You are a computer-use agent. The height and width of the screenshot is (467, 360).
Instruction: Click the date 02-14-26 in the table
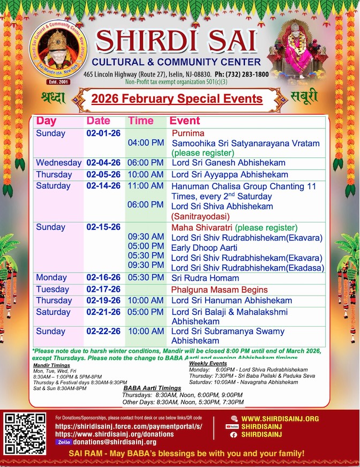coord(103,186)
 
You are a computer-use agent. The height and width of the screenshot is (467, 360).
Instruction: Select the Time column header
coord(140,121)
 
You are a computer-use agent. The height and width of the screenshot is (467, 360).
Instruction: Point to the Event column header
coord(184,121)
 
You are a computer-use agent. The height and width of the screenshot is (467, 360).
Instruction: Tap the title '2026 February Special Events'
coord(177,99)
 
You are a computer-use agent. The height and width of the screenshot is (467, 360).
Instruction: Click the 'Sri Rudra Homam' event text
coord(205,278)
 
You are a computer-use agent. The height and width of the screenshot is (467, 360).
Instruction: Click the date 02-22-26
coord(103,332)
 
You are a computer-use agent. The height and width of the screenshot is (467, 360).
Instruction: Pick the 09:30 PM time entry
coord(146,265)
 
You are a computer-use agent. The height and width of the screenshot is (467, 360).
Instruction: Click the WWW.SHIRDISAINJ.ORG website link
coord(280,418)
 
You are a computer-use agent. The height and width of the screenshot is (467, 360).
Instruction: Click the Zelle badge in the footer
coord(63,442)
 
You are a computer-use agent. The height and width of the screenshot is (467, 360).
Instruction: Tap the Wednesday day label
coord(58,162)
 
